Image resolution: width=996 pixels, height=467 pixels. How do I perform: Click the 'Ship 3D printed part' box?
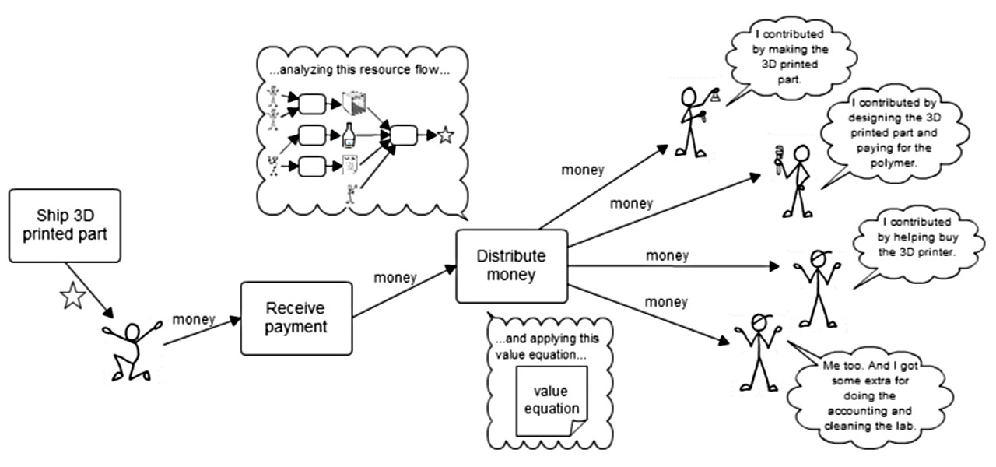tap(65, 226)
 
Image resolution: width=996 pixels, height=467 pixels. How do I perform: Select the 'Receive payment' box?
tap(296, 318)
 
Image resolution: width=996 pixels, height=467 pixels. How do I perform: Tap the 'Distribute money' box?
tap(512, 266)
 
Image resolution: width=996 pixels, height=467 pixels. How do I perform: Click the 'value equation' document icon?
tap(552, 401)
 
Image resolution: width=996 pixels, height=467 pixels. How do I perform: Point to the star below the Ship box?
tap(73, 296)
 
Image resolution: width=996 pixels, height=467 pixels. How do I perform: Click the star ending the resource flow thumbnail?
tap(446, 135)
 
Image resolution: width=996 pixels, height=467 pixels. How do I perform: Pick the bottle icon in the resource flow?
tap(349, 135)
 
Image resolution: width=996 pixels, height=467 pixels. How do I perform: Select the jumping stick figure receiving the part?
tap(132, 350)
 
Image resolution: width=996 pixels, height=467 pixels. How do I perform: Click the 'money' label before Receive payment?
tap(194, 319)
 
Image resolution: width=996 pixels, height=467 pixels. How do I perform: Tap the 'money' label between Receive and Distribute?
tap(395, 277)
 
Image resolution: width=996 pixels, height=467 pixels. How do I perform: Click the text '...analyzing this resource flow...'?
tap(359, 70)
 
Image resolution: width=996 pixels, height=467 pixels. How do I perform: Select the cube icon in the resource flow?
tap(354, 103)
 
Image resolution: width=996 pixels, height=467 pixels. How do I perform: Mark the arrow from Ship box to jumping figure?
tap(89, 290)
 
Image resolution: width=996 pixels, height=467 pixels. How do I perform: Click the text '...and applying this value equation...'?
tap(547, 346)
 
